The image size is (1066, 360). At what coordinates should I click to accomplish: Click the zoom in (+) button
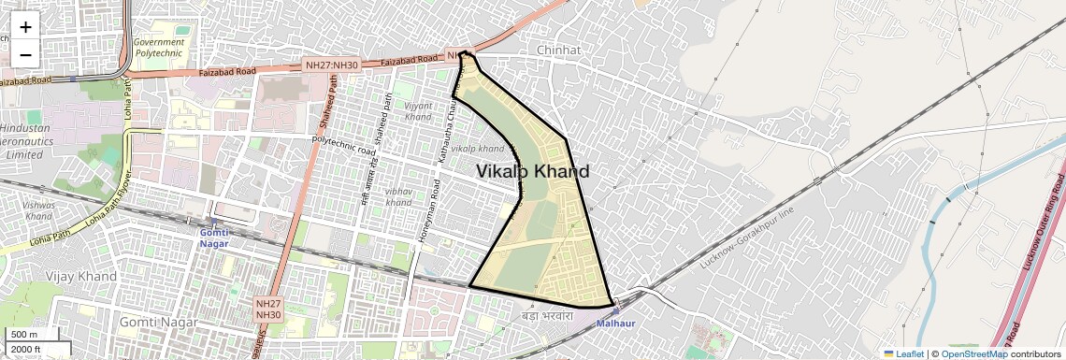[x=25, y=27]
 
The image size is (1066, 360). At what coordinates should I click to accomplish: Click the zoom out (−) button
[x=25, y=54]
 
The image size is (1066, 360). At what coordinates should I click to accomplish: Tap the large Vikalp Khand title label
[x=533, y=172]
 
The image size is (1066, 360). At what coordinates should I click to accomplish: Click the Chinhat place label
[x=559, y=50]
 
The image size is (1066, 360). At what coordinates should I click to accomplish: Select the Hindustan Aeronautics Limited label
[x=25, y=140]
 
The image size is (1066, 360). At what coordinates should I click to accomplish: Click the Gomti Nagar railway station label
[x=214, y=238]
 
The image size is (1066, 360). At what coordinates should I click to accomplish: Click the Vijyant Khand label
[x=418, y=110]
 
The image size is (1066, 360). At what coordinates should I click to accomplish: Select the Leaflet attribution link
[x=903, y=353]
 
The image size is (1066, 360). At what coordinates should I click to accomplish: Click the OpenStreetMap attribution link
[x=973, y=353]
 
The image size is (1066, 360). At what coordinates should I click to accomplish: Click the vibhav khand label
[x=398, y=196]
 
